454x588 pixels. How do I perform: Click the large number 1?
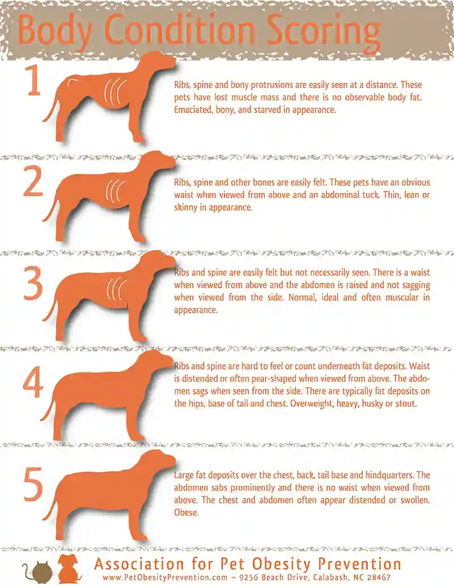click(x=33, y=83)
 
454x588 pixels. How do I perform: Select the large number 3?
click(x=33, y=282)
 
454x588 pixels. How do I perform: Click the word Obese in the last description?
click(x=186, y=513)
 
